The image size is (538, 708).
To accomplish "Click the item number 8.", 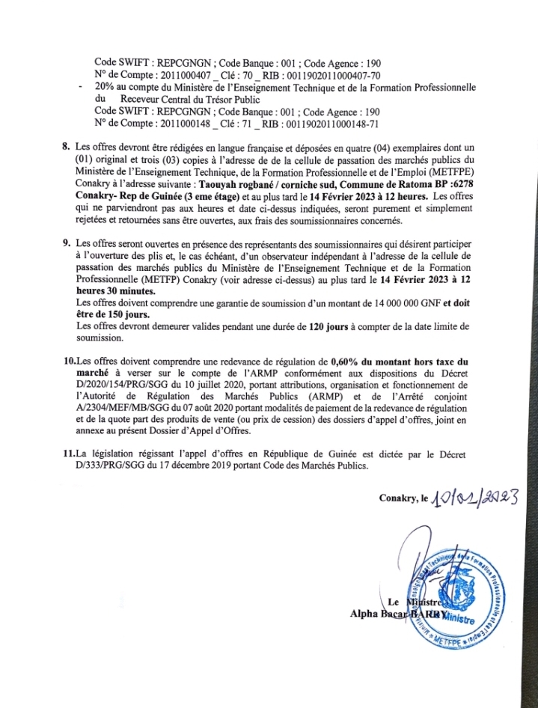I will pos(67,140).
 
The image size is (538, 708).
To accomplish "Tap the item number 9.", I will pos(67,243).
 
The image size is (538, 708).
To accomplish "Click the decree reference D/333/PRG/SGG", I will pos(110,466).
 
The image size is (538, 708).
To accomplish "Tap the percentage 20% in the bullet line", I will pos(105,88).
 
